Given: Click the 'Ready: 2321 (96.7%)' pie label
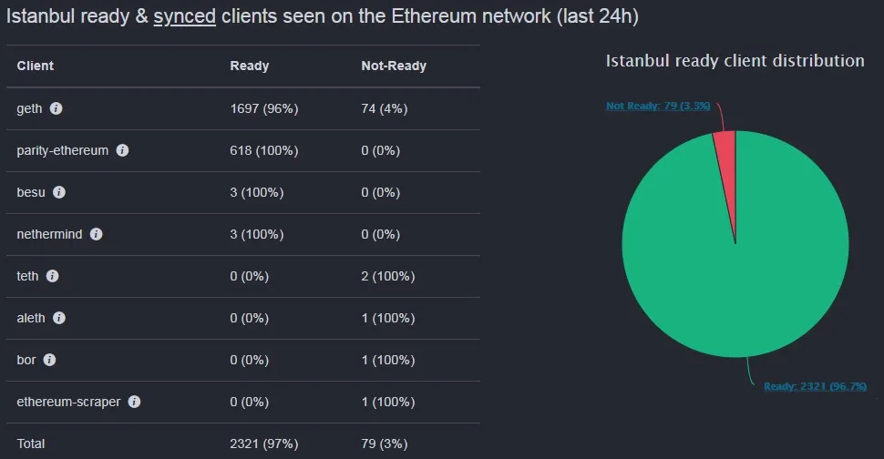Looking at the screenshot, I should pyautogui.click(x=815, y=386).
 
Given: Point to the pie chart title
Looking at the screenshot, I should pyautogui.click(x=735, y=60).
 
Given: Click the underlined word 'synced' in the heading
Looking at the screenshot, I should pyautogui.click(x=184, y=16).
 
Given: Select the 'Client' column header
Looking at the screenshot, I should pyautogui.click(x=36, y=66).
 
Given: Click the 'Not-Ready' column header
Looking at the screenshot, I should pyautogui.click(x=394, y=66).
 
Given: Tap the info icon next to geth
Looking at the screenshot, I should pyautogui.click(x=57, y=108).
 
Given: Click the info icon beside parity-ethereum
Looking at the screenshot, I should pyautogui.click(x=122, y=150).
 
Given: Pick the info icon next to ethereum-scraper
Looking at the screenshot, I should pyautogui.click(x=134, y=402).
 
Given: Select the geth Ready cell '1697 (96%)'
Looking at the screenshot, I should pyautogui.click(x=264, y=108).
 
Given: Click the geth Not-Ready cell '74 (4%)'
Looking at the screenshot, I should pyautogui.click(x=384, y=108).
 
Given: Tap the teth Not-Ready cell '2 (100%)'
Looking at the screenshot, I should pyautogui.click(x=387, y=276).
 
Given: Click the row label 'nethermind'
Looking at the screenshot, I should pyautogui.click(x=49, y=234).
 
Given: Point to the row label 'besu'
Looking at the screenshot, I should pyautogui.click(x=31, y=192).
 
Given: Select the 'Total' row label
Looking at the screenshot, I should pyautogui.click(x=31, y=444).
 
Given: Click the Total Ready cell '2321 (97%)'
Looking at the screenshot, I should pyautogui.click(x=264, y=444).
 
